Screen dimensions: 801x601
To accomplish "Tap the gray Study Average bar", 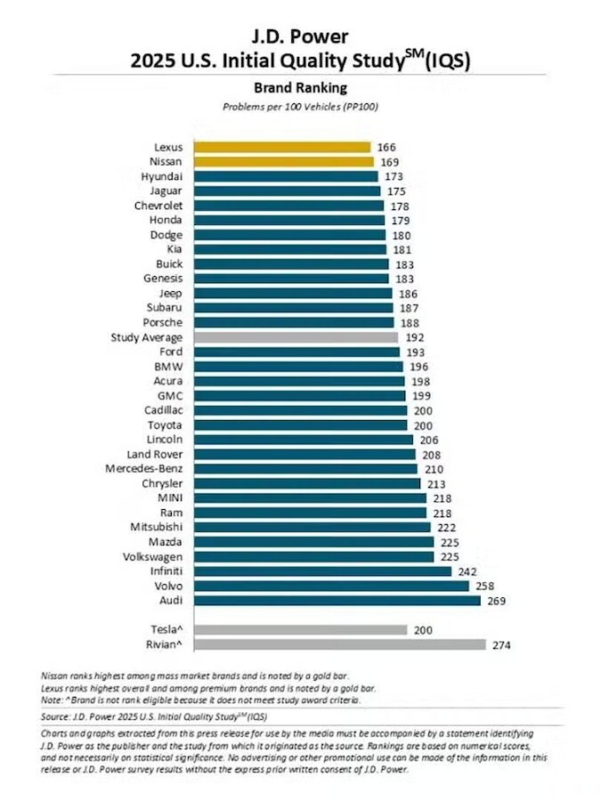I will click(x=295, y=337).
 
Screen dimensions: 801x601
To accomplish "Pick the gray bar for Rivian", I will click(x=337, y=644).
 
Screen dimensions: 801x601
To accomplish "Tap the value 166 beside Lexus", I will click(x=386, y=147).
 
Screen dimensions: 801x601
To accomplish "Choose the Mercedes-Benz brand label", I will click(x=144, y=469).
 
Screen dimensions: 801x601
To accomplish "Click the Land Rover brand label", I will click(x=155, y=455).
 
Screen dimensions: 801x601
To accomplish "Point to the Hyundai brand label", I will click(x=162, y=176).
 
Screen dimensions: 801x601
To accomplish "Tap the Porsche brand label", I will click(x=163, y=323).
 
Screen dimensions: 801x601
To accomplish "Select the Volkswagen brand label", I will click(x=151, y=557).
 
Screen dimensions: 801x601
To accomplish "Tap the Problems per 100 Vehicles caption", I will click(x=300, y=108).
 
